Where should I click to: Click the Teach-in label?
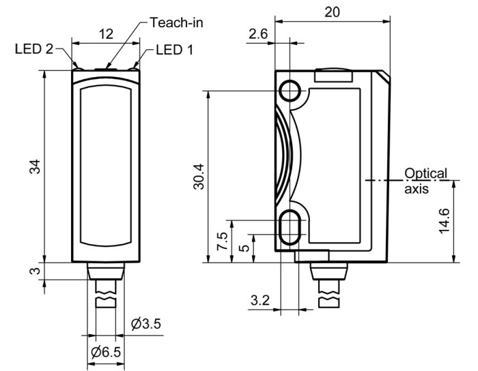coord(176,23)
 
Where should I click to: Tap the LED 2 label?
coord(34,48)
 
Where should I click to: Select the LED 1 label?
coord(174,50)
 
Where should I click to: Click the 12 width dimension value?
coord(106,34)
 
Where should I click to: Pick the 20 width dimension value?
coord(332,12)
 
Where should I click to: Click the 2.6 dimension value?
coord(258,34)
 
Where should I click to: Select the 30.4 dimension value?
coord(199,177)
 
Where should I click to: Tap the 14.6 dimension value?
coord(444,221)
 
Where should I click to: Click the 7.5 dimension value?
coord(222,241)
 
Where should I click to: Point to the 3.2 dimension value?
coord(260,300)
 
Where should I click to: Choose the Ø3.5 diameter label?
coord(145,324)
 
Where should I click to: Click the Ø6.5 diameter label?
coord(106,352)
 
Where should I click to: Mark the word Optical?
coord(425,174)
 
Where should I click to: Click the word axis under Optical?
coord(417,189)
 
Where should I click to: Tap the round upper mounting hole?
coord(290,91)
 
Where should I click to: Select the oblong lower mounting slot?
coord(290,227)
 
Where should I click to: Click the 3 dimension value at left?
coord(35,271)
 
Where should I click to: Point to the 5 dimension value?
coord(244,248)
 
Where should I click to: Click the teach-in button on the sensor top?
coord(106,70)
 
